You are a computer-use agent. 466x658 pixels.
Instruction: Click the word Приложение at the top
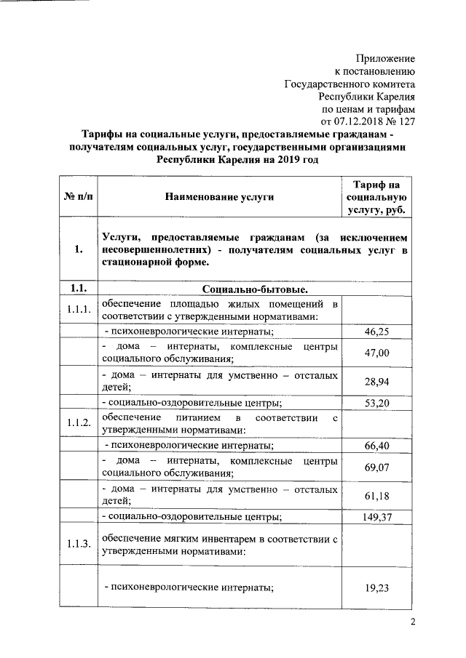[x=385, y=58]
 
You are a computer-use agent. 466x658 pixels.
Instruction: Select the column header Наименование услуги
[x=219, y=196]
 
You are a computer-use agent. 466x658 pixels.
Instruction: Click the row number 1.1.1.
[x=76, y=310]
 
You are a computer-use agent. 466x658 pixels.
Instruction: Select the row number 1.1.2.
[x=76, y=423]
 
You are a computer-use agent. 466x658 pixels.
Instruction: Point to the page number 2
[x=411, y=622]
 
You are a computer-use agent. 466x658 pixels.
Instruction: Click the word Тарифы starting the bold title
[x=102, y=135]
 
